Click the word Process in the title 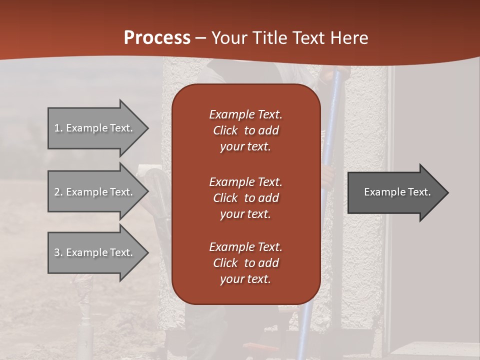157,38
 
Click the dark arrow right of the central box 395,192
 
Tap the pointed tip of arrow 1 147,128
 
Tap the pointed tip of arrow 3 147,252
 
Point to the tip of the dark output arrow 447,192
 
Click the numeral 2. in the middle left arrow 58,192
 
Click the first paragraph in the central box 245,130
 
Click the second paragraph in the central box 245,198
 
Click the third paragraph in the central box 245,263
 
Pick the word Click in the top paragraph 225,130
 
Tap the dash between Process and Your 201,38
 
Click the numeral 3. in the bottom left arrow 58,252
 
